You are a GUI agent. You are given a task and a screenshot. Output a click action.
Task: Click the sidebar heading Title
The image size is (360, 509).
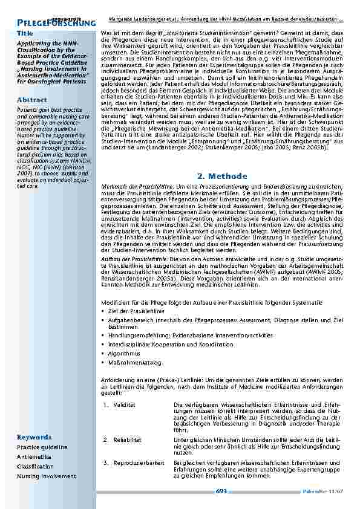[x=25, y=33]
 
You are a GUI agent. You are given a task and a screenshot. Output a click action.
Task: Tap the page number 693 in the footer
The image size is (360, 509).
[x=221, y=492]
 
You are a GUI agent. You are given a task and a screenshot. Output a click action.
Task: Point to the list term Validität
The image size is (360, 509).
[x=125, y=404]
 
